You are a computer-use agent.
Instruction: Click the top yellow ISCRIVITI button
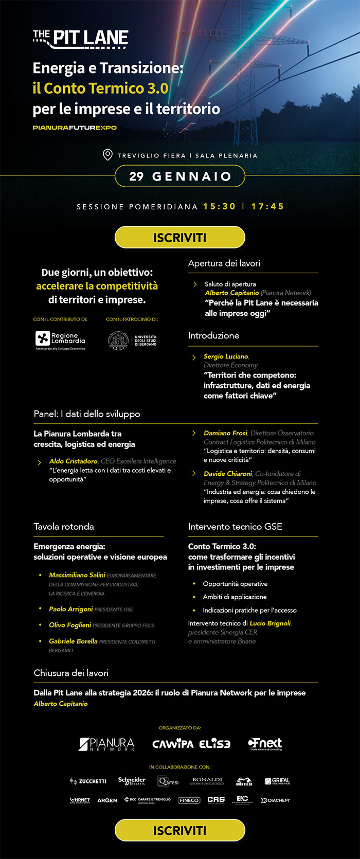pos(179,238)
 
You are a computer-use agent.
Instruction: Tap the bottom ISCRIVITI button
pos(179,830)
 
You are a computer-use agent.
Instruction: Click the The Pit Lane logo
pos(81,39)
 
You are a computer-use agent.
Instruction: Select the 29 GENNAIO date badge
pos(179,176)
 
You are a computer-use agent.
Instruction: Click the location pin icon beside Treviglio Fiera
pos(107,155)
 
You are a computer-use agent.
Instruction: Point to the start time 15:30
pos(219,206)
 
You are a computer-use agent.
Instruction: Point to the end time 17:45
pos(267,206)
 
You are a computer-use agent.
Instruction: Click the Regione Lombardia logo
pos(60,340)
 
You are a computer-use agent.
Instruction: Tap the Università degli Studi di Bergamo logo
pos(132,341)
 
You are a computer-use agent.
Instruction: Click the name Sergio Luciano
pos(226,356)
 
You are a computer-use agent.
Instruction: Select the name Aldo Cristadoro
pos(73,461)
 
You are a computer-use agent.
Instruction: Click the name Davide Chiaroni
pos(228,473)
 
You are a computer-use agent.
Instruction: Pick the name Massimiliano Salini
pos(77,575)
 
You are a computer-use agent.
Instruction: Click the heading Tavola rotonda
pos(64,526)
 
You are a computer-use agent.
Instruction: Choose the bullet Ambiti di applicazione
pos(235,597)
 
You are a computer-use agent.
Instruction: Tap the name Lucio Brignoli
pos(270,623)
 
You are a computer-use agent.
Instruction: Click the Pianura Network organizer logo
pos(106,744)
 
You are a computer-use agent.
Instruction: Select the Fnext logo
pos(265,744)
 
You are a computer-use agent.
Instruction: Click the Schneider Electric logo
pos(132,781)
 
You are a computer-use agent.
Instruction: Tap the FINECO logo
pos(189,800)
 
